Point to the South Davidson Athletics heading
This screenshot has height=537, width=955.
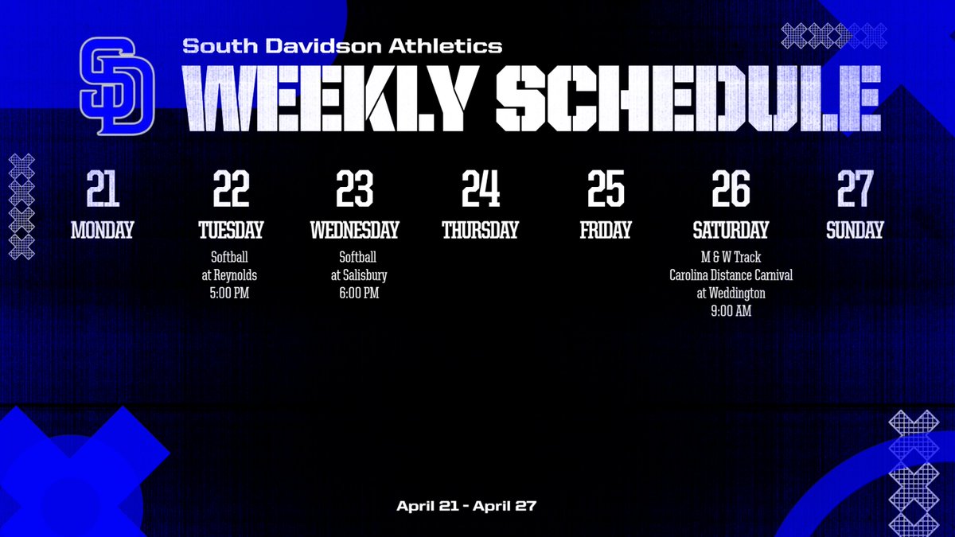[342, 46]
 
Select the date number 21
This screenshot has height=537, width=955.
[103, 189]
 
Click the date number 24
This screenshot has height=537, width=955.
[481, 189]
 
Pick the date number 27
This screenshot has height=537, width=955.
[855, 189]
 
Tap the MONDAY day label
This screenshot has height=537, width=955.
[103, 231]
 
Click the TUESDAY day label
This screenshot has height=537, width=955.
[231, 231]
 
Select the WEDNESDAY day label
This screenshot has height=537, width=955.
[354, 231]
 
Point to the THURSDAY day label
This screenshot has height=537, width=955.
[480, 231]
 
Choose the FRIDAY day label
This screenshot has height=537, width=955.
[606, 231]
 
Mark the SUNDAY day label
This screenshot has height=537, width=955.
[855, 231]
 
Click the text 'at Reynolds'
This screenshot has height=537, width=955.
[229, 275]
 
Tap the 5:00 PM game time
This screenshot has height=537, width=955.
[229, 294]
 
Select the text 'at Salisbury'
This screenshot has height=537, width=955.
[354, 275]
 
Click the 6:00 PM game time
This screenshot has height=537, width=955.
[354, 294]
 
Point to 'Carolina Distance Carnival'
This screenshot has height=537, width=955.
[731, 275]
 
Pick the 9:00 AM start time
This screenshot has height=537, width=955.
[731, 312]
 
